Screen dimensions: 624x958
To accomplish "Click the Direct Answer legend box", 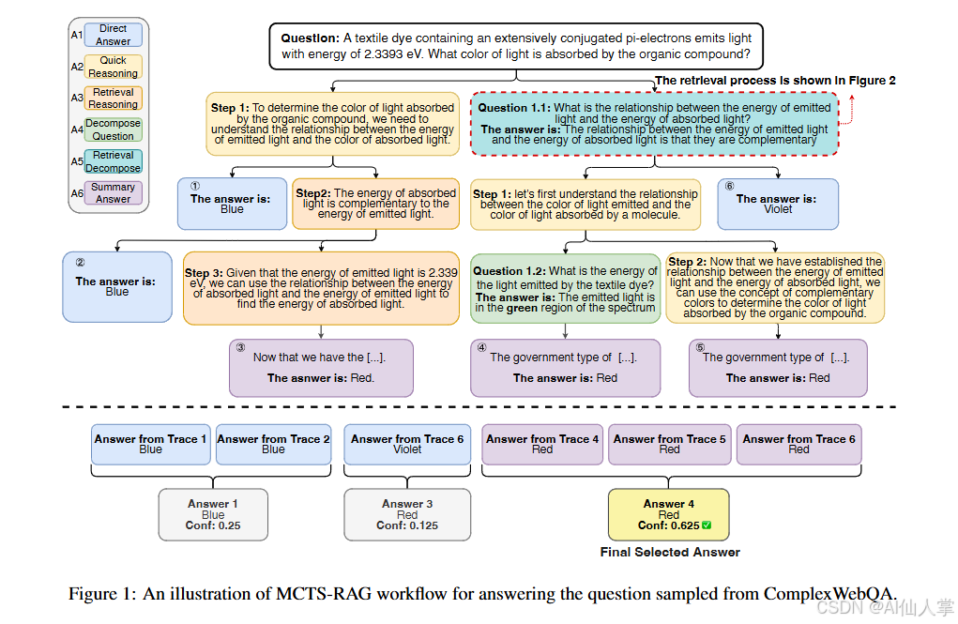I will point(113,35).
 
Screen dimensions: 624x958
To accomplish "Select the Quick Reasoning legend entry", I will point(113,67).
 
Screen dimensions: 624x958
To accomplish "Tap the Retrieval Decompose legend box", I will point(113,161).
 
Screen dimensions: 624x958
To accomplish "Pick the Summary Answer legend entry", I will point(113,192).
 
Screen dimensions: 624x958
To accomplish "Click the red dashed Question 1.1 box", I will point(655,123).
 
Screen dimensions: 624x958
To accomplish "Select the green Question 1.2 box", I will point(565,288).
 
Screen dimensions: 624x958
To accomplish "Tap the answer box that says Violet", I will point(777,204).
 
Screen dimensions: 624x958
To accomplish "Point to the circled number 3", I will point(241,347).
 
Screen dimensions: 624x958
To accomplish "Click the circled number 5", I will point(700,347).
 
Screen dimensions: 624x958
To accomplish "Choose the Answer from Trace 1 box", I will point(150,444).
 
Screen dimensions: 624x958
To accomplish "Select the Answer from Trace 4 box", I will point(542,444).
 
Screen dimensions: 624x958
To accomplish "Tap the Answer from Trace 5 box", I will point(669,444).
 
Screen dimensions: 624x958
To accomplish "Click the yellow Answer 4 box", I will point(668,514).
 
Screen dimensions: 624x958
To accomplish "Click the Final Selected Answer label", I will point(670,552).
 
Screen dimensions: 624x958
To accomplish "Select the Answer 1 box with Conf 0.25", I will point(213,514).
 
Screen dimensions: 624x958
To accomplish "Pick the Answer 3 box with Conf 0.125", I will point(406,514).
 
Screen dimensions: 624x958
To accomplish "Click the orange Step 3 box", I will point(321,288).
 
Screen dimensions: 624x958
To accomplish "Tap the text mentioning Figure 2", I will point(774,81).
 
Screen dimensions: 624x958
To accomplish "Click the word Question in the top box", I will point(311,38).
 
